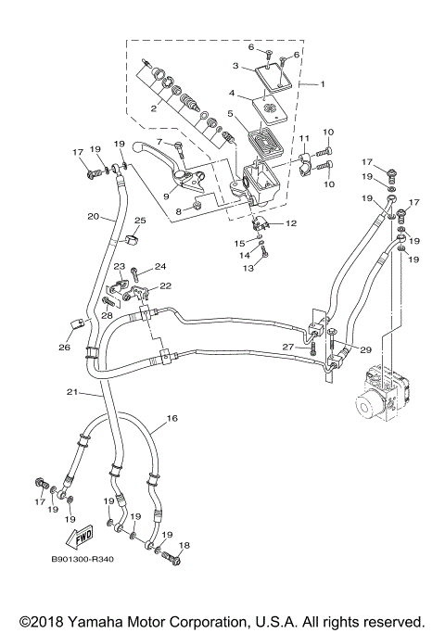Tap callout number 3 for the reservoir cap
tap(235, 66)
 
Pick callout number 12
tap(290, 223)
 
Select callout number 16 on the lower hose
tap(171, 419)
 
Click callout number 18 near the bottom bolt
tap(184, 546)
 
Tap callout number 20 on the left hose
tap(93, 217)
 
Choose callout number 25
tap(141, 221)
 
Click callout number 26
tap(64, 348)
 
